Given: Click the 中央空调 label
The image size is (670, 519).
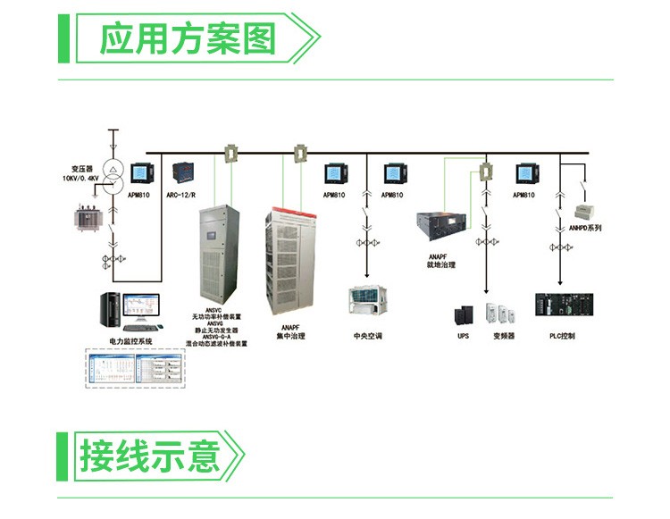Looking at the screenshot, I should [367, 337].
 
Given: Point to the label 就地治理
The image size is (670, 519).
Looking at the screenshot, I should [440, 265].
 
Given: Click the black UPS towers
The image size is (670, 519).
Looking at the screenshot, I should [463, 314].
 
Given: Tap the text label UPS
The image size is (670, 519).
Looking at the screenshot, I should [463, 337].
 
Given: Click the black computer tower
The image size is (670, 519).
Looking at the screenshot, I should [111, 309].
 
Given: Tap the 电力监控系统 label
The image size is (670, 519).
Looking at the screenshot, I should [131, 342].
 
